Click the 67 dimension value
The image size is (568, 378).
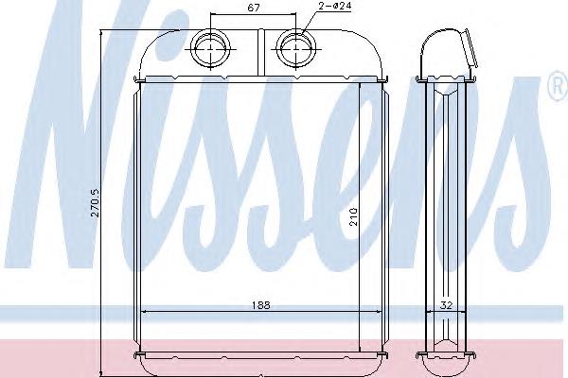click(x=253, y=8)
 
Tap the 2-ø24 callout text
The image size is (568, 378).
click(x=335, y=5)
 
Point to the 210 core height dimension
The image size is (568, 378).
click(x=354, y=216)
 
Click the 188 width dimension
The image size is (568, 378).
click(x=261, y=305)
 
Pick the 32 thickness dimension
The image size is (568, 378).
click(x=446, y=305)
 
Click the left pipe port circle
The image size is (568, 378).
click(x=211, y=48)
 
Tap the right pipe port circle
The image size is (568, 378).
click(x=296, y=48)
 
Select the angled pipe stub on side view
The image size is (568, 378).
click(x=470, y=49)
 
